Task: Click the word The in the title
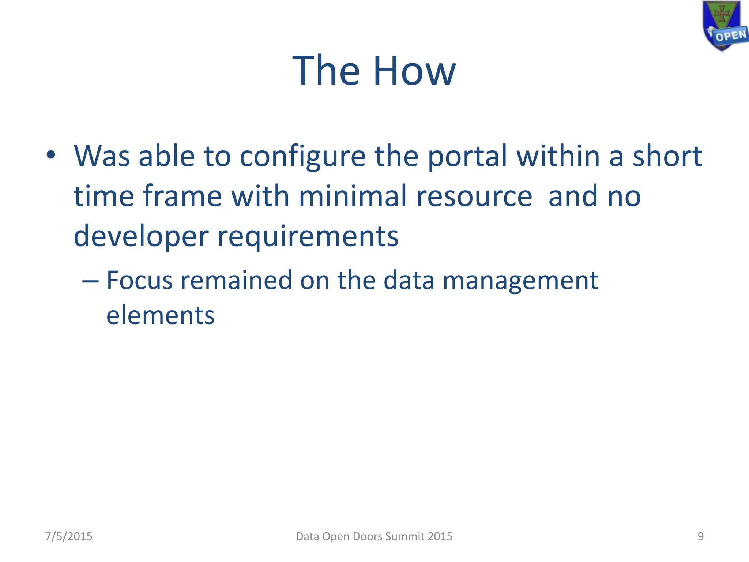point(326,71)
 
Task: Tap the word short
point(667,156)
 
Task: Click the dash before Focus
point(90,281)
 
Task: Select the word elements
point(160,315)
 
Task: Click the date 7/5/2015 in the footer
point(69,536)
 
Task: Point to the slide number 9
point(700,536)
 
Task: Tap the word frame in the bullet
point(182,196)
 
